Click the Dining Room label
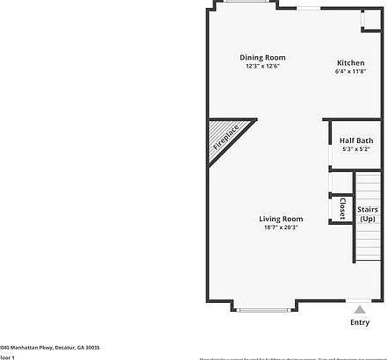tap(262, 58)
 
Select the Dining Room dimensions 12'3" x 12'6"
tap(262, 67)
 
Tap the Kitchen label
tap(351, 63)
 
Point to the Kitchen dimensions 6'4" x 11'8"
tap(351, 72)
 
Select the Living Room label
tap(281, 219)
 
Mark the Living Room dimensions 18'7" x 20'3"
tap(281, 227)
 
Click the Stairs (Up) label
tap(368, 214)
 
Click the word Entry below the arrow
tap(360, 322)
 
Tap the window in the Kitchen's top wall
tap(310, 9)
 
